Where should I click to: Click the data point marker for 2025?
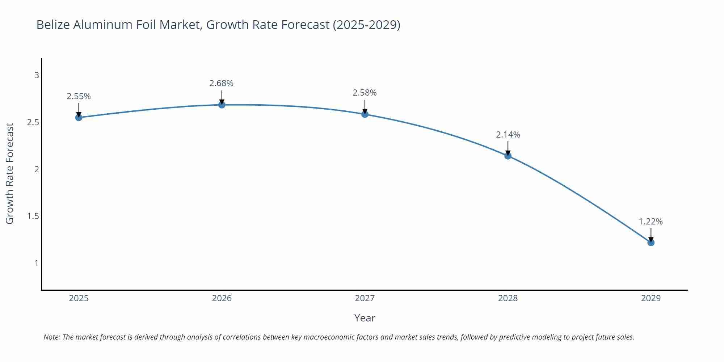(x=79, y=117)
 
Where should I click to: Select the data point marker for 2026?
(x=222, y=105)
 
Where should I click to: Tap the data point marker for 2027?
(x=365, y=114)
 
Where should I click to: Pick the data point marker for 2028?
(x=508, y=156)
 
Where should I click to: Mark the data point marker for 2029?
(x=651, y=243)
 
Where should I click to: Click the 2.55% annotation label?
(x=79, y=96)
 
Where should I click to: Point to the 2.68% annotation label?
(x=221, y=83)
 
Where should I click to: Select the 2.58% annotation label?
(x=365, y=93)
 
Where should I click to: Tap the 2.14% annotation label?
(x=508, y=135)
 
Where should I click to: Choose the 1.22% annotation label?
(x=651, y=222)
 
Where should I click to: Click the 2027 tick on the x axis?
(x=365, y=298)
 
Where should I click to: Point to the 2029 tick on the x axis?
(x=651, y=298)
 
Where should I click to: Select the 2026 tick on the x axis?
(x=222, y=298)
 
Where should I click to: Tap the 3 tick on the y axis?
(x=37, y=75)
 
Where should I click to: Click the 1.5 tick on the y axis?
(x=33, y=216)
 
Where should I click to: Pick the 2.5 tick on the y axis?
(x=33, y=122)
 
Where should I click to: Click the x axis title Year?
(x=365, y=318)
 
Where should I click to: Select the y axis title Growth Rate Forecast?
(x=10, y=174)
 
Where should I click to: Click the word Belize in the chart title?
(x=53, y=25)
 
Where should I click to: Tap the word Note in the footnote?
(x=51, y=337)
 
